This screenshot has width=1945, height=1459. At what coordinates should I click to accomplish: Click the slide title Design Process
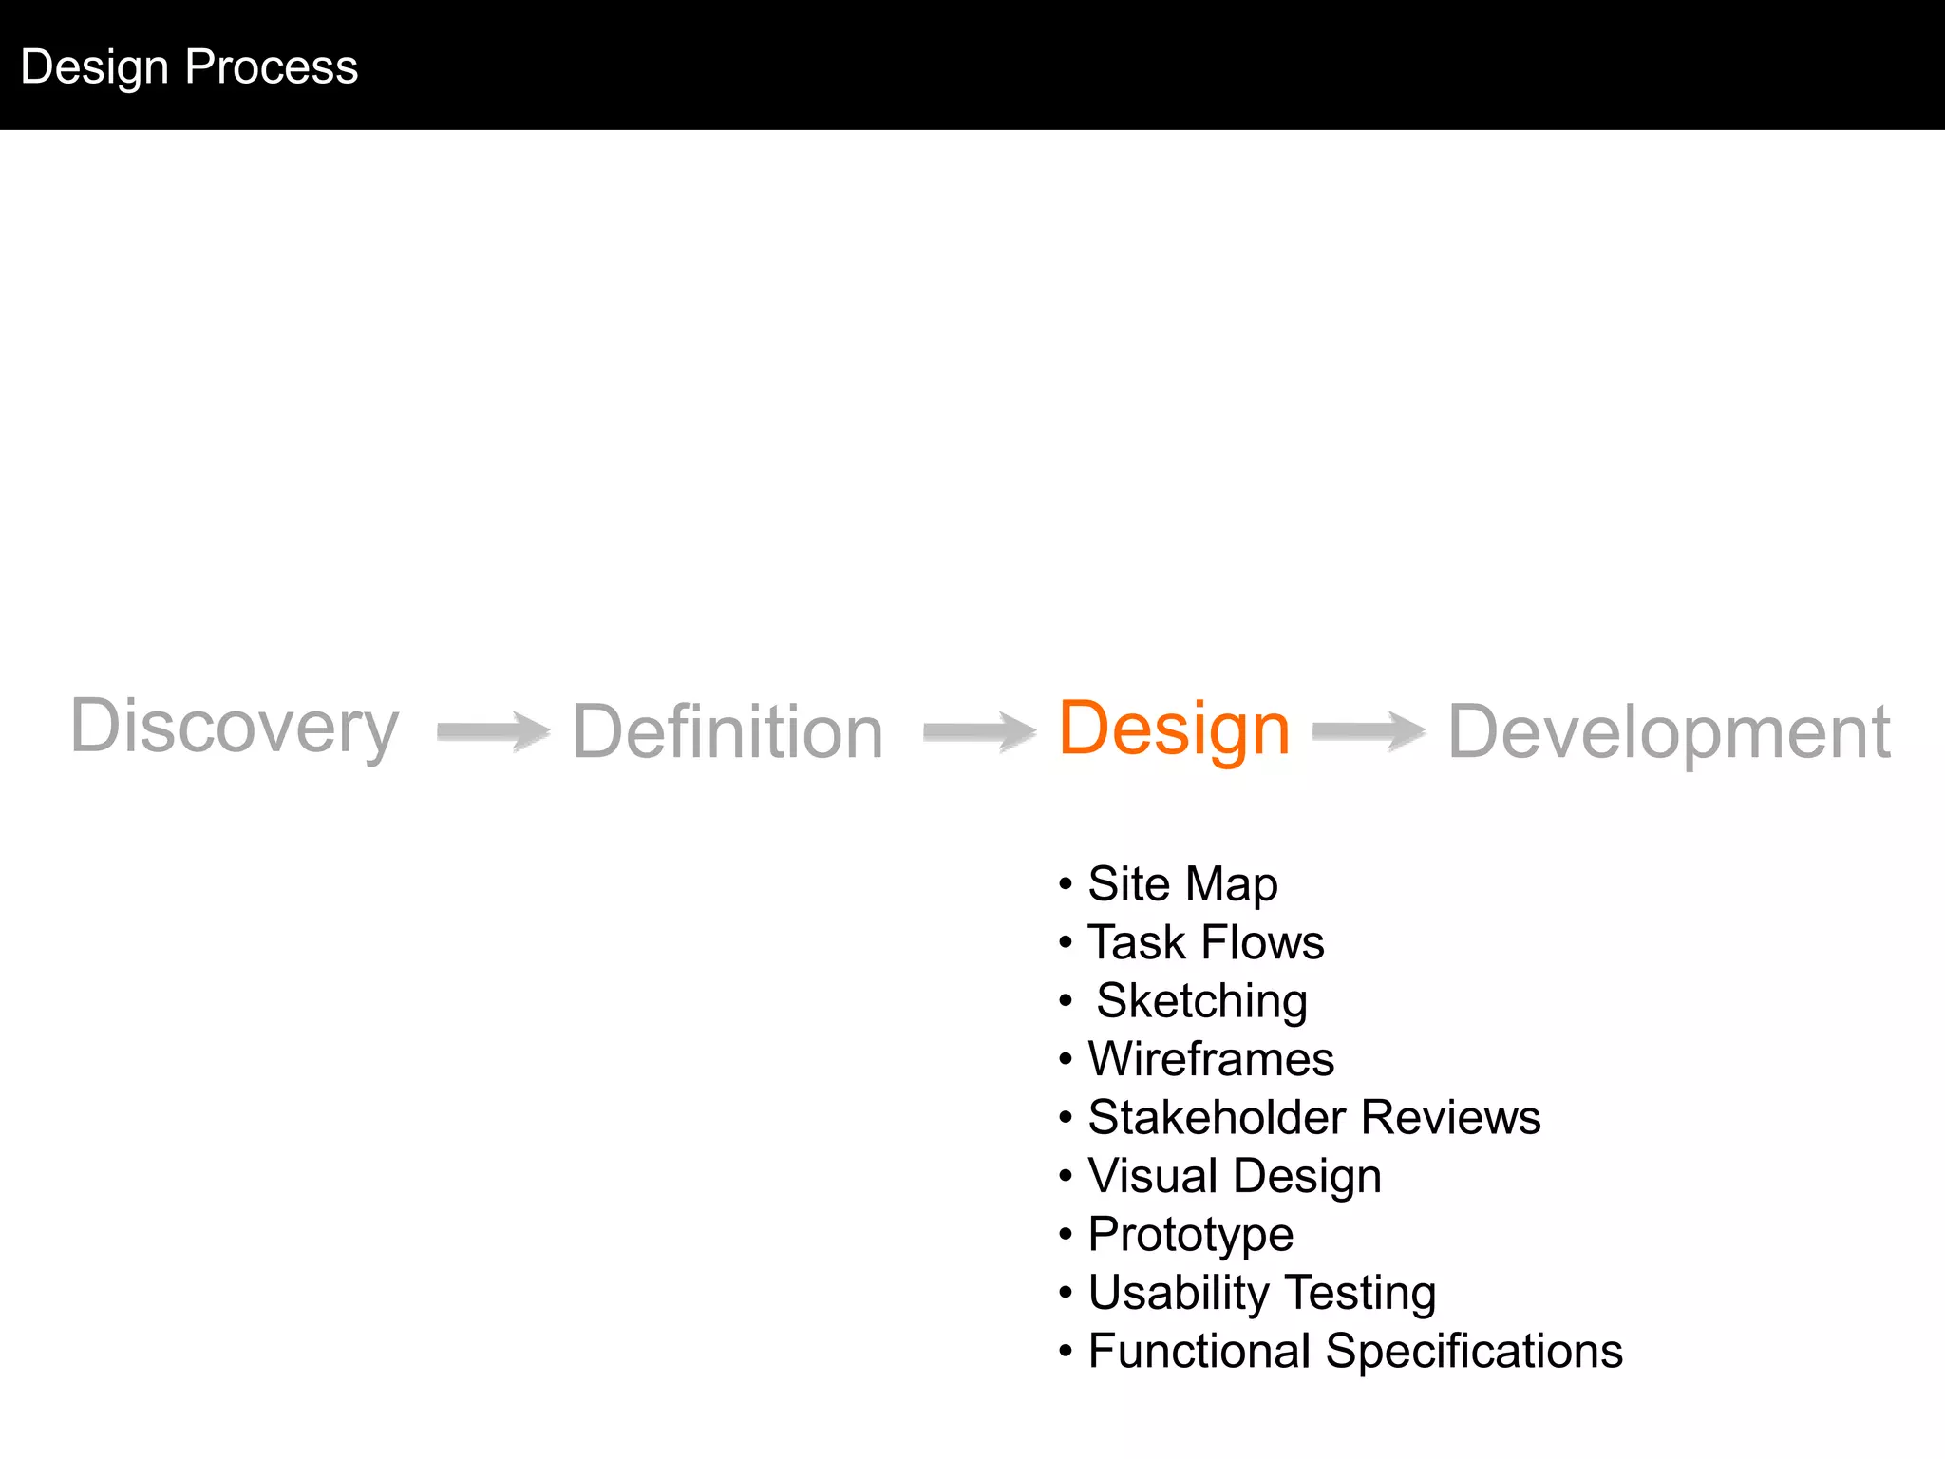click(189, 67)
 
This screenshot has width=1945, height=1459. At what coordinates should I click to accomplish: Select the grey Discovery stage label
click(235, 728)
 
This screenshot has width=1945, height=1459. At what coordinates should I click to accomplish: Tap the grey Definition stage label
click(727, 732)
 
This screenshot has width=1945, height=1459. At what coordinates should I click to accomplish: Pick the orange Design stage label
click(1174, 729)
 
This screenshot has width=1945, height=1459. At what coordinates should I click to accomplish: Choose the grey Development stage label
click(1669, 732)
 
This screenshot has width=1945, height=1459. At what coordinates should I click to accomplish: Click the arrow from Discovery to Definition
click(493, 731)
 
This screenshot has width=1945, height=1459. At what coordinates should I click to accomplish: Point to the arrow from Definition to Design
click(979, 731)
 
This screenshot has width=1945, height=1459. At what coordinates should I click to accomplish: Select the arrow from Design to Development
click(1369, 731)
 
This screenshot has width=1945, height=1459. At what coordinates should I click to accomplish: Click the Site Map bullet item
click(1182, 884)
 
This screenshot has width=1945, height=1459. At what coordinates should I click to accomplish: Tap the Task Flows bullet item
click(1205, 943)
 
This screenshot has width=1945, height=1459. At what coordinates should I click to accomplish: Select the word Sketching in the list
click(1201, 1001)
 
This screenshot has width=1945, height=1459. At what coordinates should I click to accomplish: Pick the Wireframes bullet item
click(1211, 1059)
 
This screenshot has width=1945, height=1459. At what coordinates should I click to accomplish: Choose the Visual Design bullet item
click(1234, 1177)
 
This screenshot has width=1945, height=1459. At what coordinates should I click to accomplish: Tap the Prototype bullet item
click(1190, 1235)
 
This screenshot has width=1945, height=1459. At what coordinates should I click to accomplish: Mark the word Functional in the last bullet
click(1199, 1352)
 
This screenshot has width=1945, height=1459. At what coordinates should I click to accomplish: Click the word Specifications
click(1474, 1352)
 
